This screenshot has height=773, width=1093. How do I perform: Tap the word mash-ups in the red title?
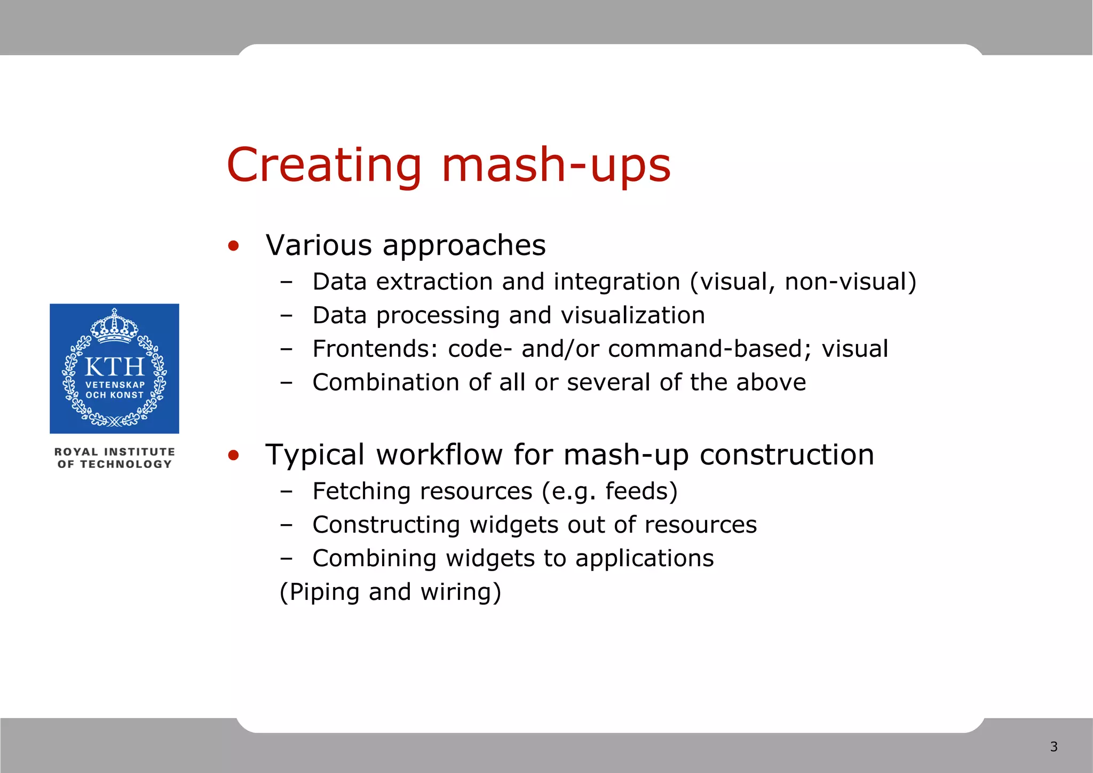[556, 166]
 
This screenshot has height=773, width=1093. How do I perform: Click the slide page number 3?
[1054, 746]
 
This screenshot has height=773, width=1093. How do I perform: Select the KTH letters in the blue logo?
[114, 367]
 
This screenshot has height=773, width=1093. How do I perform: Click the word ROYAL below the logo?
[76, 452]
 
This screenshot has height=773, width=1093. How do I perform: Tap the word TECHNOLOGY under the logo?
[126, 464]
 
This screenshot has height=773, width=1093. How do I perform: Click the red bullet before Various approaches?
[233, 246]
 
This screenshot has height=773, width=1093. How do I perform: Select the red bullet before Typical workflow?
[233, 456]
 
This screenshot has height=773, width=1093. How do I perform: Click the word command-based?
[705, 349]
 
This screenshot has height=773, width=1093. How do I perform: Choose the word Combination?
[386, 382]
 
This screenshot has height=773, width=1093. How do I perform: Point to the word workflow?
[439, 455]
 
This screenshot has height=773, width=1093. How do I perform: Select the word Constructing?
[386, 525]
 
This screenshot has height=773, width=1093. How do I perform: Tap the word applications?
[644, 558]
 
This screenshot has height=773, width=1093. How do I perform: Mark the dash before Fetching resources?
[286, 491]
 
